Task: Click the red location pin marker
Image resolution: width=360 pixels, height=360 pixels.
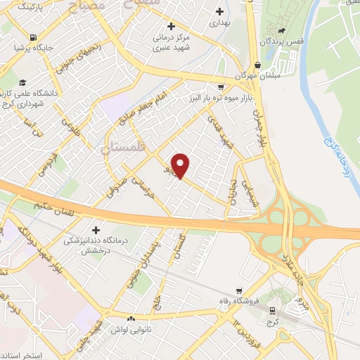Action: tap(181, 165)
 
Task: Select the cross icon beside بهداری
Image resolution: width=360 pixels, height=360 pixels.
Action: tap(221, 12)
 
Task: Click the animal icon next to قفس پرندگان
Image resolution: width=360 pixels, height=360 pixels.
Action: tap(281, 30)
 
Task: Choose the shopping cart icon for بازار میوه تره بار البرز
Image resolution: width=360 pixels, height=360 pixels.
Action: tap(221, 87)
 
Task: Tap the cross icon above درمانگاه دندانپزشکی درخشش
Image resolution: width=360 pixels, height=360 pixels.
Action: tap(96, 229)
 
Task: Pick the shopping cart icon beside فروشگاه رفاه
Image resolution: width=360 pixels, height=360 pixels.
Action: tap(240, 291)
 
